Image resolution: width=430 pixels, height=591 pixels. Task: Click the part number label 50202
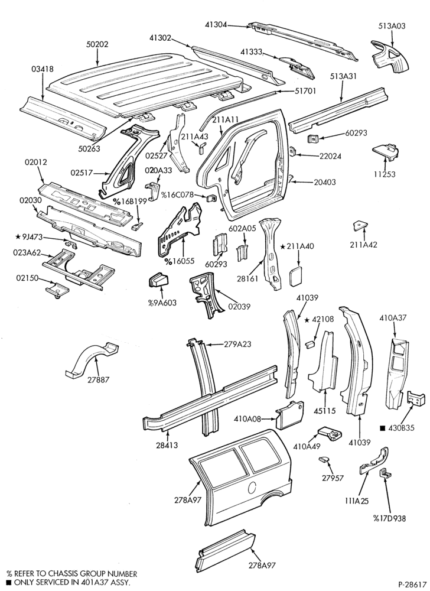tap(97, 44)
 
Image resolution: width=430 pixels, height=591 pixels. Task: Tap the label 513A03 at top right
tap(392, 26)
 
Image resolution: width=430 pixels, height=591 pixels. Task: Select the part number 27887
tap(97, 379)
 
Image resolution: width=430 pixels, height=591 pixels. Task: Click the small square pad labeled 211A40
tap(295, 277)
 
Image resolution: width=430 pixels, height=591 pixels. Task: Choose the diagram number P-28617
tap(412, 584)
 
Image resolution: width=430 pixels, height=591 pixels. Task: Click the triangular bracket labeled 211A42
tap(359, 226)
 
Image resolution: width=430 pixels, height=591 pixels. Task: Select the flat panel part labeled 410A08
tap(289, 415)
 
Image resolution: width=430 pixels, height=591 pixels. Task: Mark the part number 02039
tap(239, 306)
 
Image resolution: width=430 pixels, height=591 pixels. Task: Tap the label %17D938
tap(389, 518)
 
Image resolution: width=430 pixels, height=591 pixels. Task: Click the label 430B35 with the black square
tap(398, 428)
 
